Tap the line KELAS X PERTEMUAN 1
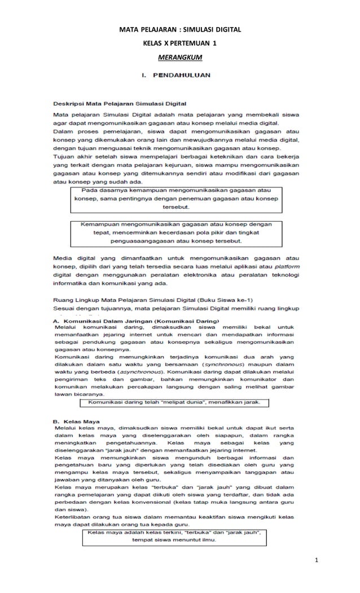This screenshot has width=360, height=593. point(179,43)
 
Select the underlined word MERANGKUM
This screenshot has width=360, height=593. point(179,58)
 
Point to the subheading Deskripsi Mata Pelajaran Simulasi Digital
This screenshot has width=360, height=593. point(120,103)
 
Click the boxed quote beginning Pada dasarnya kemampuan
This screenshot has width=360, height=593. point(180,199)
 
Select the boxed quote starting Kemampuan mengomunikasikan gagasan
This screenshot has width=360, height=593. point(180,232)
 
